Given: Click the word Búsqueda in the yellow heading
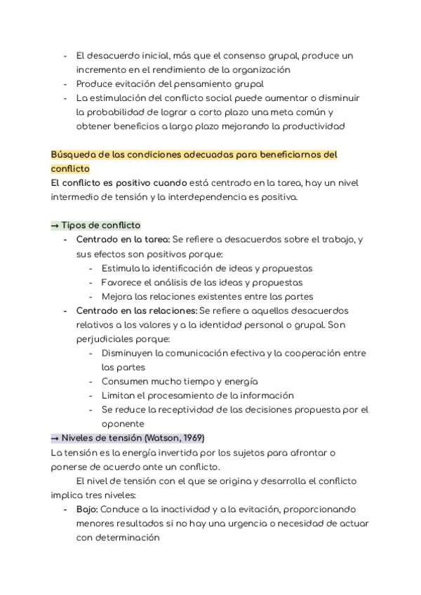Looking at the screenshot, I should coord(74,154).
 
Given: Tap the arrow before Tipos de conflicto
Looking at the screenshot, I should coord(55,225).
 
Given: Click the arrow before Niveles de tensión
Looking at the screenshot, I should coord(55,438).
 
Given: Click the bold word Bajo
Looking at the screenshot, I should coord(88,509).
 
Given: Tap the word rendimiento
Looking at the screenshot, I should coord(168,70).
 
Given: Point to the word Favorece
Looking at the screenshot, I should coord(124,282).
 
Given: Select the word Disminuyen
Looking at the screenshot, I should coord(129,353).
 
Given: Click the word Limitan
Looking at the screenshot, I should coord(119,395).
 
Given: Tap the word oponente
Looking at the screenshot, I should coord(123,424).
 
